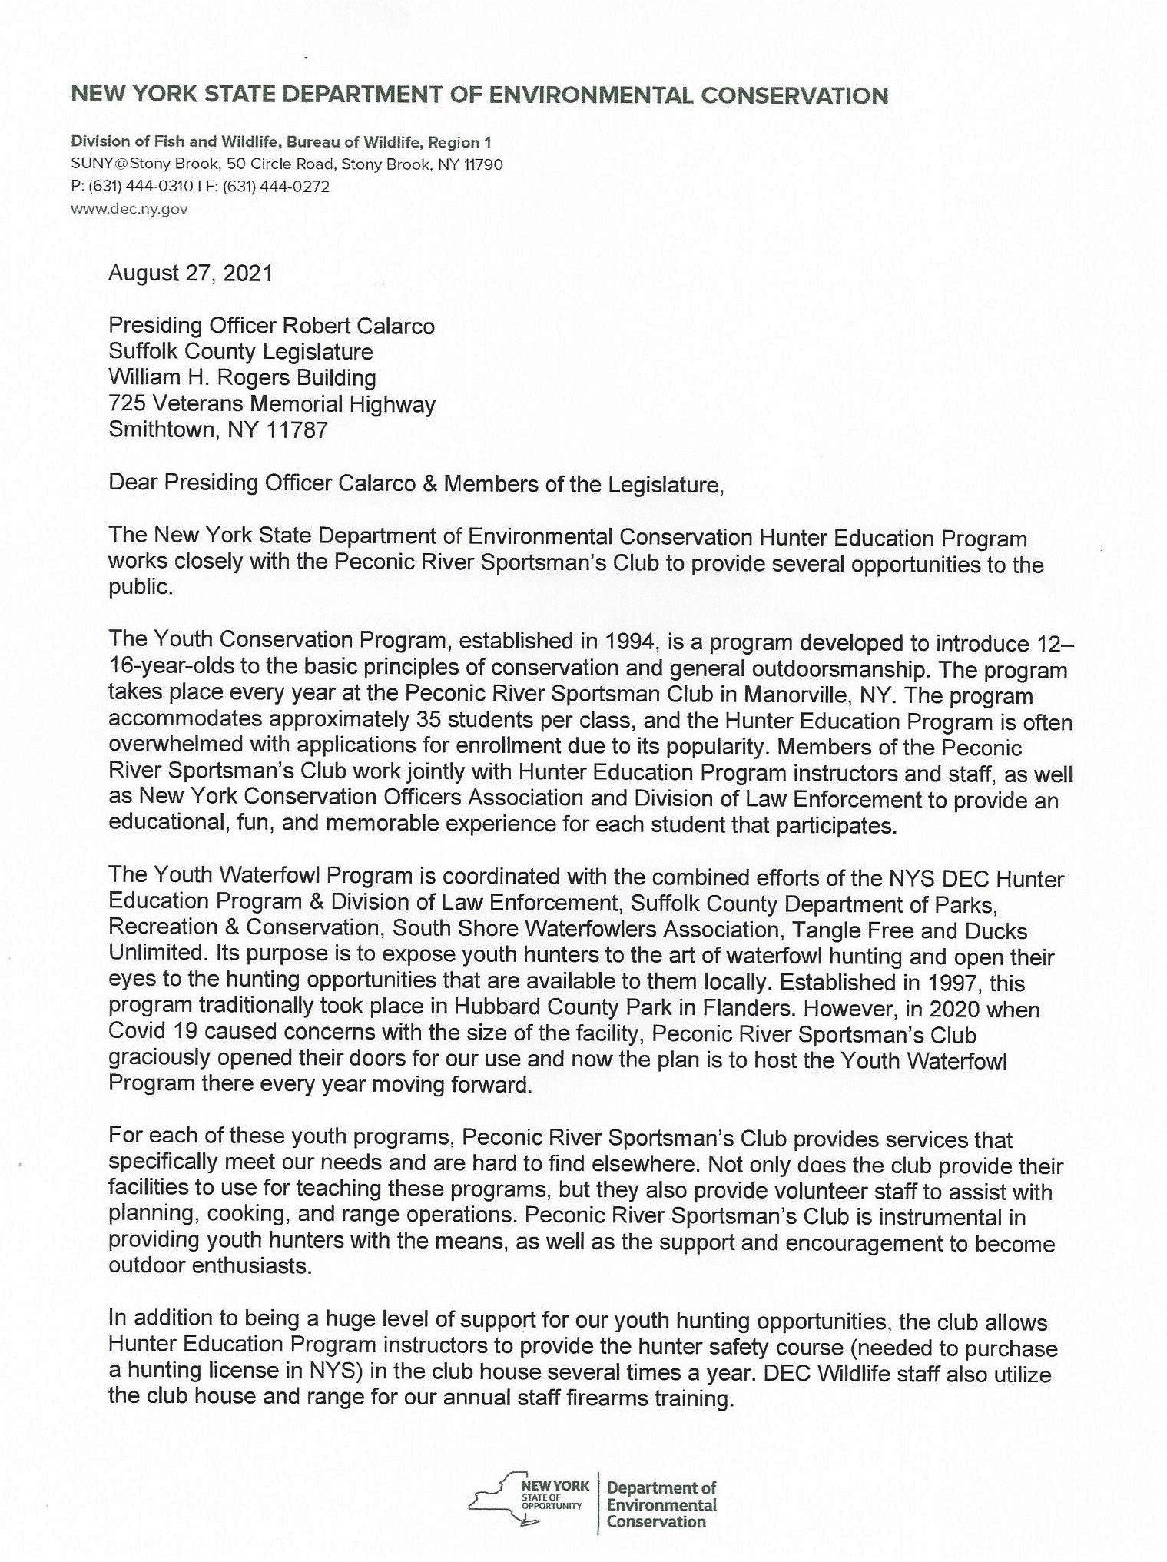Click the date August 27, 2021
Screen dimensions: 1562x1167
coord(190,274)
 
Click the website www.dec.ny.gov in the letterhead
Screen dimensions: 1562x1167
coord(129,209)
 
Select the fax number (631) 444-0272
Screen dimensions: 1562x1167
coord(276,187)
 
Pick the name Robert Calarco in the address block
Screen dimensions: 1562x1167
coord(359,326)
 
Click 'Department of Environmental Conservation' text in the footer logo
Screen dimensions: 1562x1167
coord(661,1505)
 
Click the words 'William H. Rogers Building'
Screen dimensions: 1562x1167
coord(242,377)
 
